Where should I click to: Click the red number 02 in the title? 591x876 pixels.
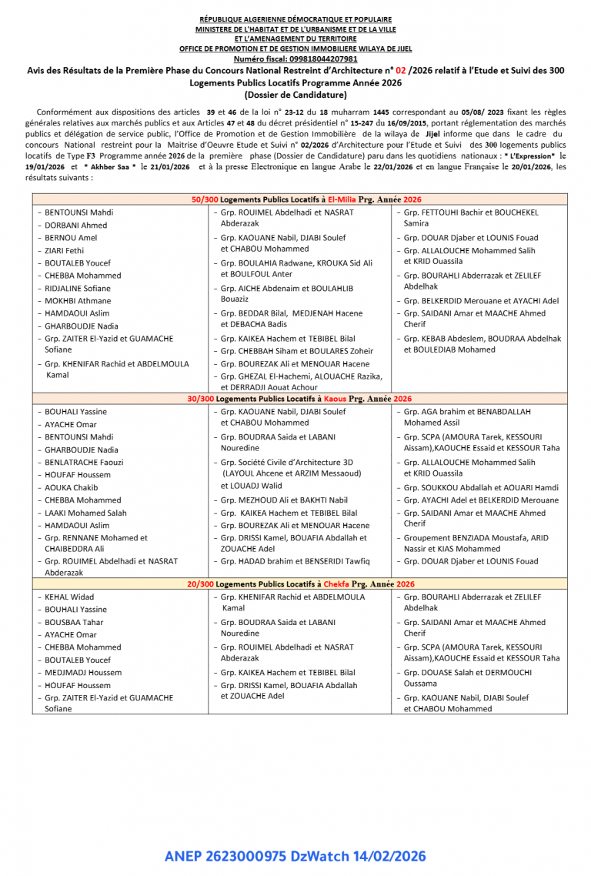402,70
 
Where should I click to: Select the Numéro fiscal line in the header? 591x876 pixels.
295,59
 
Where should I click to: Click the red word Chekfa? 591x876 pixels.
338,584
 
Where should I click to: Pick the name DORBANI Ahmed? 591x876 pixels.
75,226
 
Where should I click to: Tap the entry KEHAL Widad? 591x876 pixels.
69,597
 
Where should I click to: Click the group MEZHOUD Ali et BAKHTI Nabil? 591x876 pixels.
284,500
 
